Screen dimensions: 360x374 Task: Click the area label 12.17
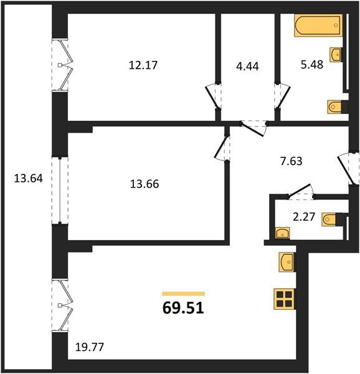[143, 65]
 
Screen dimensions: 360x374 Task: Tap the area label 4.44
[247, 66]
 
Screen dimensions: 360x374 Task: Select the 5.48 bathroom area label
[312, 65]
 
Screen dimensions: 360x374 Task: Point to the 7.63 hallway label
[291, 161]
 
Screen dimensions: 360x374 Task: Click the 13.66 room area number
[144, 184]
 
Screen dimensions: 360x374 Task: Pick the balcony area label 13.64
[29, 178]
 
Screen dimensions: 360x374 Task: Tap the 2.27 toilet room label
[304, 217]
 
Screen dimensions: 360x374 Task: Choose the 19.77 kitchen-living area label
[90, 347]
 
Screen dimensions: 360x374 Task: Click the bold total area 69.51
[183, 308]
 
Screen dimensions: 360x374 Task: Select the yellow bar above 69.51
[184, 294]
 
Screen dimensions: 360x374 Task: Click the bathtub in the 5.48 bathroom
[318, 26]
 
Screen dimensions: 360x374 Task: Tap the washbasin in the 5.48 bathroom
[336, 55]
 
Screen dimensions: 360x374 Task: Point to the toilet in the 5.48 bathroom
[337, 107]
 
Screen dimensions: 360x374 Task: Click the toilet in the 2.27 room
[331, 219]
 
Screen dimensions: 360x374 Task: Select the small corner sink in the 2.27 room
[283, 233]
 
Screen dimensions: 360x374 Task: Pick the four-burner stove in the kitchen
[285, 299]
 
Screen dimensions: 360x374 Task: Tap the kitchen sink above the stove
[287, 262]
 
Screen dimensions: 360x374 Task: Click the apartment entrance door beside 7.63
[349, 168]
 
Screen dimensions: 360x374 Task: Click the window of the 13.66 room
[60, 190]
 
